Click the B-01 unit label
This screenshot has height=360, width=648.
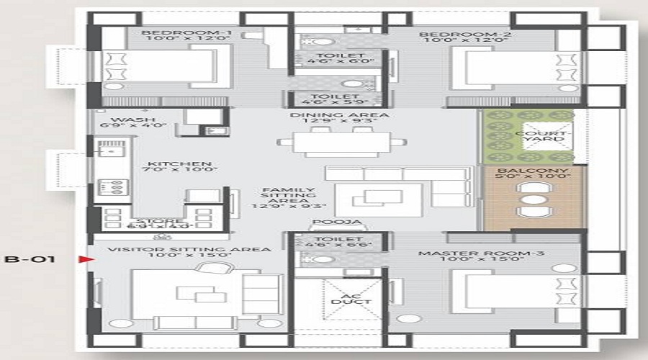[x=24, y=258]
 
